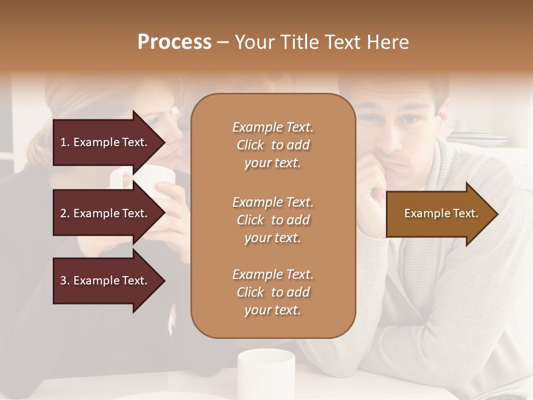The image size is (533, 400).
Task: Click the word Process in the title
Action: coord(174,42)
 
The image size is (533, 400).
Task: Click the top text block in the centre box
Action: coord(273,145)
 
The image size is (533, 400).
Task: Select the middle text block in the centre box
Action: coord(273,219)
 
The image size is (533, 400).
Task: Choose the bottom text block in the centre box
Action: coord(273,292)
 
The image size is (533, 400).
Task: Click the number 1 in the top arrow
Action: coord(63,142)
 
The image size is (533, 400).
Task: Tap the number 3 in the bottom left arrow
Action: coord(63,281)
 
